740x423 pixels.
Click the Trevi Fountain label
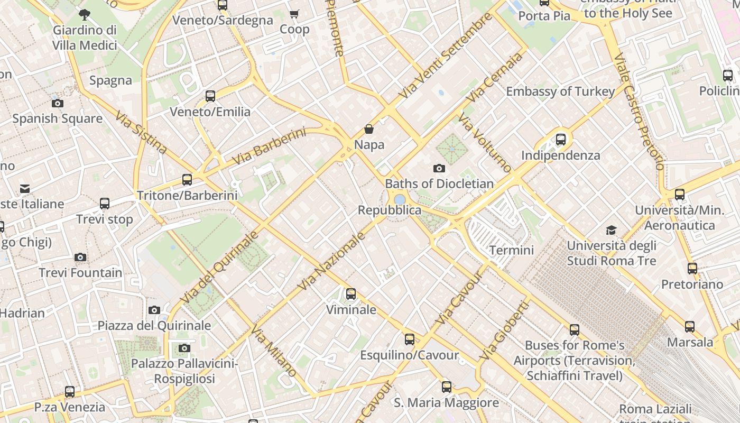click(x=80, y=273)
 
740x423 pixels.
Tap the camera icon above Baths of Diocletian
click(x=439, y=169)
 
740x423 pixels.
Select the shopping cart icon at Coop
click(x=294, y=14)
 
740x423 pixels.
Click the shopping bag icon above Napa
click(x=369, y=129)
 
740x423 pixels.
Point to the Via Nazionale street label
click(x=331, y=262)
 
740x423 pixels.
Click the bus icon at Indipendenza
click(x=561, y=140)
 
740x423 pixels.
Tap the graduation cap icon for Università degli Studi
click(x=612, y=230)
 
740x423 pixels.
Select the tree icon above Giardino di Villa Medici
click(x=84, y=14)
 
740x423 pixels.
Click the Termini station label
click(x=511, y=250)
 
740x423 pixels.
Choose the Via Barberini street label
click(x=269, y=146)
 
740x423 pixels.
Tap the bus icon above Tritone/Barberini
click(x=187, y=180)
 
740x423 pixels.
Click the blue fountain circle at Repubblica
click(x=400, y=200)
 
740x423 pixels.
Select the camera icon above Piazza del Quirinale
click(x=154, y=310)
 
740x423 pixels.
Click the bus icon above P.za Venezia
click(x=70, y=392)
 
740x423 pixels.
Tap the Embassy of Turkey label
click(x=560, y=91)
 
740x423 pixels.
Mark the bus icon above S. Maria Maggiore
click(x=447, y=387)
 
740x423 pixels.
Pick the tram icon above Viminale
click(x=351, y=294)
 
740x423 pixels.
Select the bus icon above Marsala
click(x=690, y=327)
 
